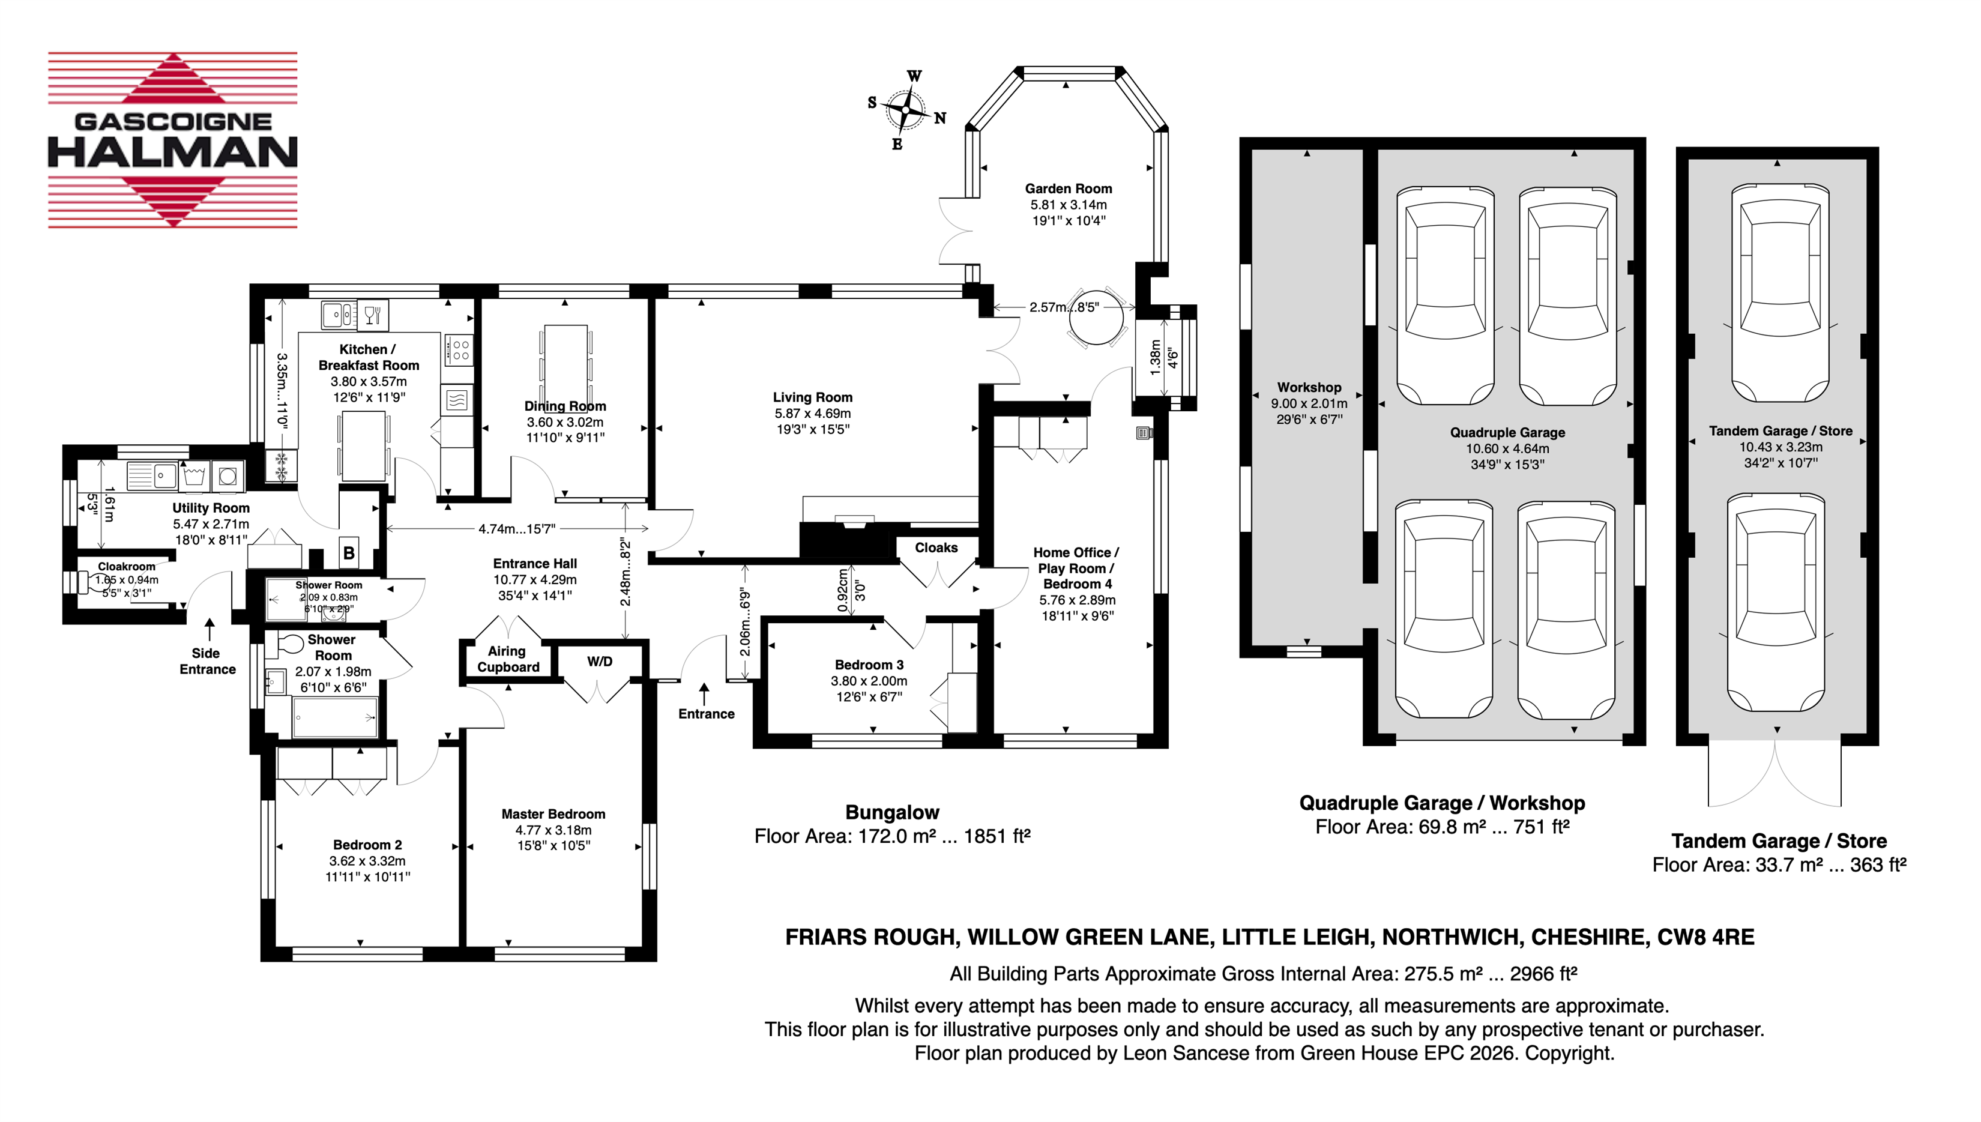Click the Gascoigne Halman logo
[x=173, y=140]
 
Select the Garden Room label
[x=1068, y=189]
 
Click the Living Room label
[x=813, y=397]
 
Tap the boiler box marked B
[x=349, y=552]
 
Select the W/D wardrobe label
[x=600, y=661]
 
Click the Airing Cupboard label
[x=508, y=659]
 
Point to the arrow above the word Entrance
[x=704, y=693]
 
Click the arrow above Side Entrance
[x=209, y=629]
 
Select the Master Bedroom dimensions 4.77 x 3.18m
[x=553, y=830]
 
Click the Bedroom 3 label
[x=869, y=665]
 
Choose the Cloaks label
[x=936, y=548]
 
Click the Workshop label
[x=1309, y=388]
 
